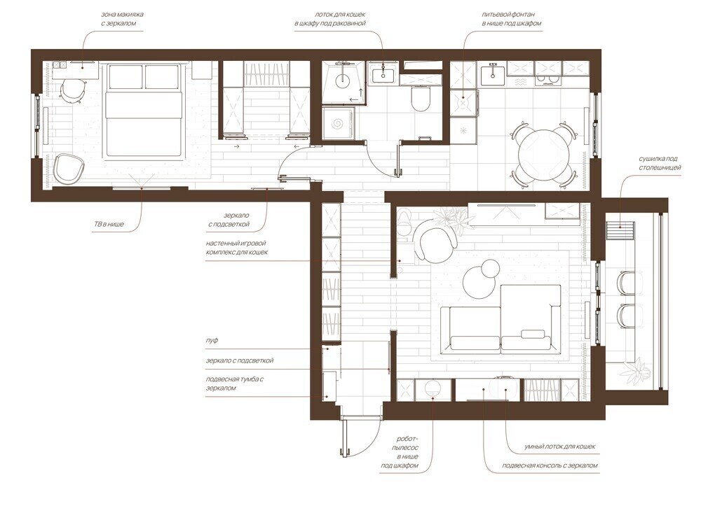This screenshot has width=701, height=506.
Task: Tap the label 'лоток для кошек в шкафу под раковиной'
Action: coord(330,19)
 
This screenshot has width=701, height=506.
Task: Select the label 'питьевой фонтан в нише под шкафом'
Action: coord(512,19)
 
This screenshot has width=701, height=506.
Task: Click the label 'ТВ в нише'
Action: coord(107,224)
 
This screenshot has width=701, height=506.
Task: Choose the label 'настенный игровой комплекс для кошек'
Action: coord(237,248)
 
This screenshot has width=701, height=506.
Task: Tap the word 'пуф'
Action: coord(212,340)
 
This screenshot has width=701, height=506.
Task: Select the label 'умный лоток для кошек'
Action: coord(559,447)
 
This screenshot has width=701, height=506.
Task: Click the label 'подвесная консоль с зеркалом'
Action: coord(550,465)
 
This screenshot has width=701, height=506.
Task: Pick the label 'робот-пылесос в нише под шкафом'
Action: coord(407,452)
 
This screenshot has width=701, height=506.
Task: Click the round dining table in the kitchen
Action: coord(544,155)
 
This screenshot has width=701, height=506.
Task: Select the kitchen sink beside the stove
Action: coord(493,72)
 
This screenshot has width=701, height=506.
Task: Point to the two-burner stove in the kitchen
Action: coord(548,80)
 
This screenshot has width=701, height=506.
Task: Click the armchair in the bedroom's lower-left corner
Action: coord(69,168)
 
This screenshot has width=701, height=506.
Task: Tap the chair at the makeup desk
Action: coord(71,90)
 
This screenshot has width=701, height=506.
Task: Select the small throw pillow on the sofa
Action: coord(533,335)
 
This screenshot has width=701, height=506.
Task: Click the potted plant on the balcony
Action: coord(637,370)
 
